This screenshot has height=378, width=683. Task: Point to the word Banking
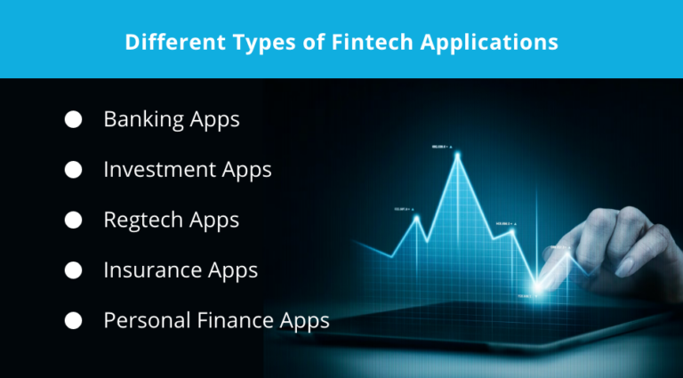144,119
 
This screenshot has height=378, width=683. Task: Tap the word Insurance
153,269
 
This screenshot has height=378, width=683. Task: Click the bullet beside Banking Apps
73,119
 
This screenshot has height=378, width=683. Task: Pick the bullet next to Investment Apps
73,169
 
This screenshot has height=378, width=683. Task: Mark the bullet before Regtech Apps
73,220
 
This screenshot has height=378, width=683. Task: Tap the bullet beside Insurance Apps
73,269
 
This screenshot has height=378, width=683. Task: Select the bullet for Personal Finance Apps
73,319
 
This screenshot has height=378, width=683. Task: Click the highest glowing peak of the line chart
458,155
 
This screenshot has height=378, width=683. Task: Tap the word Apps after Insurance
233,270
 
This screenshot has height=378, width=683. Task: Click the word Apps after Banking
215,120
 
